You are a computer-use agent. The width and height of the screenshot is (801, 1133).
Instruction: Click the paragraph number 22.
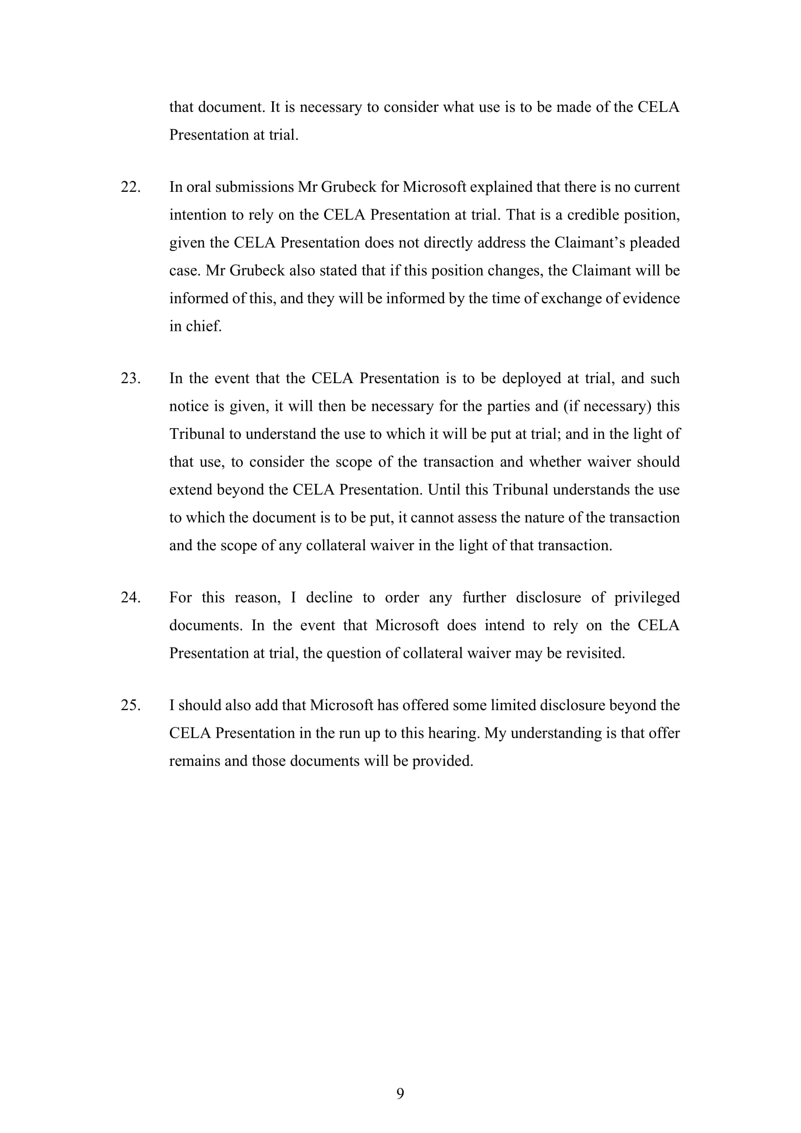(x=130, y=187)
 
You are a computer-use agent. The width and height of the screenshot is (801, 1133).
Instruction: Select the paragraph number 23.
(x=130, y=378)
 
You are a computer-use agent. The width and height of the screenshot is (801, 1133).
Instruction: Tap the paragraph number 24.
(x=130, y=598)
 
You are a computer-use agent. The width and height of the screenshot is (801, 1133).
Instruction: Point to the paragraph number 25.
(x=130, y=705)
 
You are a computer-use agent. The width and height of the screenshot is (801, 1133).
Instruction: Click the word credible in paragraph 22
(x=592, y=215)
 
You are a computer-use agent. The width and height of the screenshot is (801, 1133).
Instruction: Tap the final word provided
(x=443, y=761)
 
